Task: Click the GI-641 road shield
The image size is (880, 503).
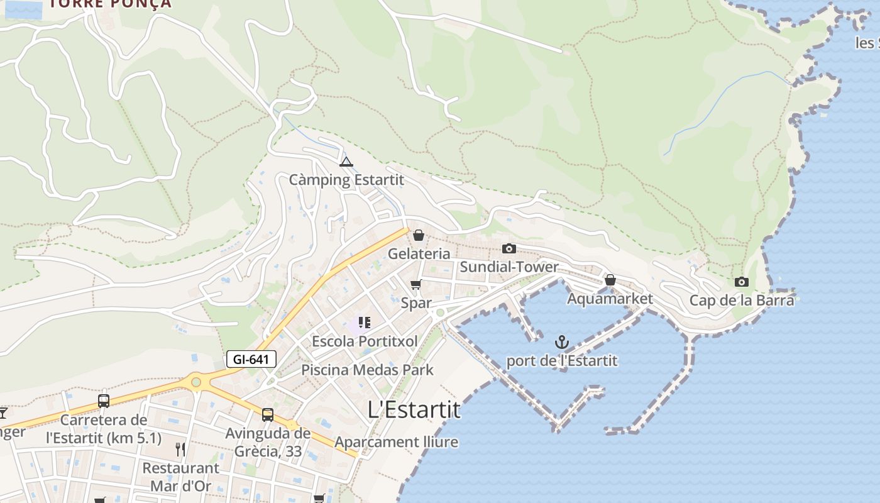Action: click(x=251, y=360)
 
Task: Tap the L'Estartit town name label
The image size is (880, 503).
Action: click(x=414, y=410)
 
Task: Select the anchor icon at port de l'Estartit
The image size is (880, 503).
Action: click(x=562, y=342)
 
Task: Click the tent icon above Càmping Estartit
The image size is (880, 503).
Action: click(x=346, y=162)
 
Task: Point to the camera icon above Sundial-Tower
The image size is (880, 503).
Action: click(x=509, y=248)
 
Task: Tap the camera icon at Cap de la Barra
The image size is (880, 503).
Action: click(x=742, y=282)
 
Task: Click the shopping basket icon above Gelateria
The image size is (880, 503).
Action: click(x=419, y=235)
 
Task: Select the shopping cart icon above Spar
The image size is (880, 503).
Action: click(x=415, y=285)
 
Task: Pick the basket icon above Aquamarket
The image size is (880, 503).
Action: click(x=610, y=280)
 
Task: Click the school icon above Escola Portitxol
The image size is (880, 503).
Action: click(x=365, y=323)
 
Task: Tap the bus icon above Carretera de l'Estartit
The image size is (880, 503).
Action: click(x=104, y=401)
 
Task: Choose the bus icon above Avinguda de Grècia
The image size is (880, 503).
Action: click(x=268, y=414)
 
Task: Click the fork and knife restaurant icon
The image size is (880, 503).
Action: click(x=180, y=449)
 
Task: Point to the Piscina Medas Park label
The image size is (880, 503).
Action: click(x=367, y=370)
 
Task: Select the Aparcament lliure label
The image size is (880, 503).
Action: click(x=396, y=442)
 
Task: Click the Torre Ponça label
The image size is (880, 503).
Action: click(x=110, y=4)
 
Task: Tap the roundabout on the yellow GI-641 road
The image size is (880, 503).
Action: click(x=196, y=381)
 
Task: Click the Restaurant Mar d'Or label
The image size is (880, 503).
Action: click(x=180, y=477)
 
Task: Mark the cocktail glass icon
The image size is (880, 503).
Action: click(x=3, y=412)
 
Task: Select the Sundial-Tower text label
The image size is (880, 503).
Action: click(x=509, y=267)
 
